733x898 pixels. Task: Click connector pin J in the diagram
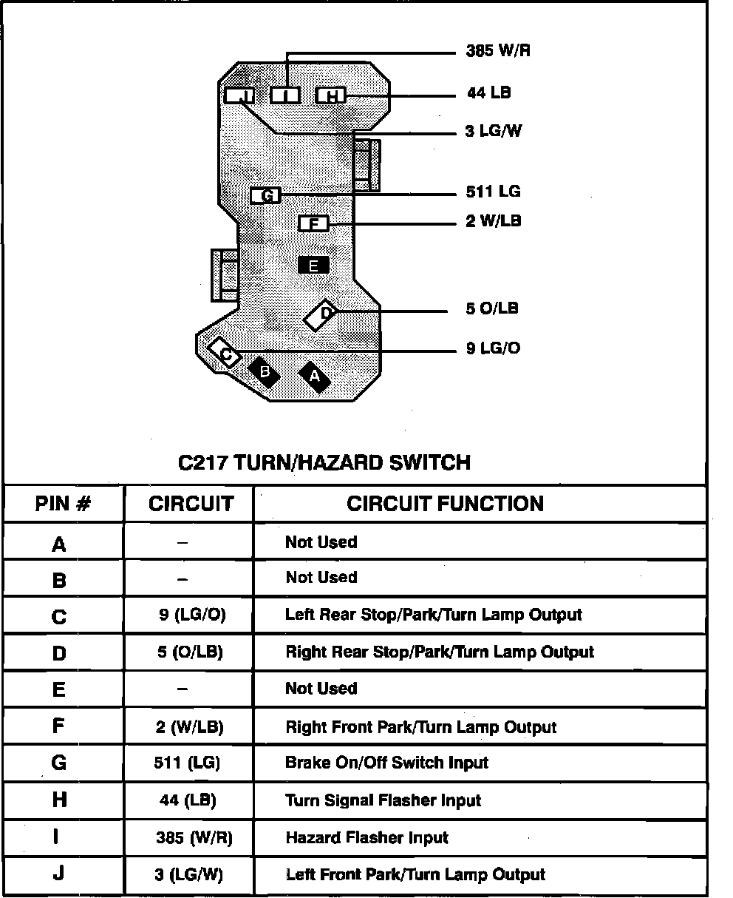coord(239,95)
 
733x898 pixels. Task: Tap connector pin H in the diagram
coord(331,95)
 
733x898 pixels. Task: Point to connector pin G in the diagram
coord(265,196)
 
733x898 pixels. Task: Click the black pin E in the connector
coord(314,265)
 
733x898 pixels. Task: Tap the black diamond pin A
coord(315,376)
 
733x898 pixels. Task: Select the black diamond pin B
coord(264,372)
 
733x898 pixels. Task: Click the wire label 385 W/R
coord(498,51)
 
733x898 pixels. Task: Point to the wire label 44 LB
coord(488,93)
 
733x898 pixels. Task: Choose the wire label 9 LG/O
coord(493,348)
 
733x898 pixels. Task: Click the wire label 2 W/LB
coord(493,221)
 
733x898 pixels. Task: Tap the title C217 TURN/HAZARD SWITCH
coord(324,463)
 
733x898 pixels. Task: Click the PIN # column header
coord(64,504)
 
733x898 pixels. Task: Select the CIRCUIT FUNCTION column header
coord(445,504)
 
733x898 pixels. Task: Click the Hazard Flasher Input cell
coord(366,838)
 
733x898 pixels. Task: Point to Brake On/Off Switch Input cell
coord(386,763)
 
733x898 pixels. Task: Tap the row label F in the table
coord(59,726)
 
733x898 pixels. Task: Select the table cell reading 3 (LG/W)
coord(188,875)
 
